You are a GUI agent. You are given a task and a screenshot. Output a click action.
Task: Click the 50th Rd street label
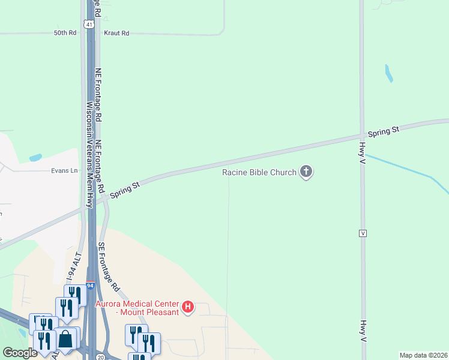click(65, 33)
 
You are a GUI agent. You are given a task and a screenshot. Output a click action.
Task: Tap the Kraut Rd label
click(116, 33)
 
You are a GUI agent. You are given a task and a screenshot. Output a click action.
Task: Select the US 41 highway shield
click(89, 24)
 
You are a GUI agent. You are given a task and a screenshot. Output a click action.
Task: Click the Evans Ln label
click(65, 170)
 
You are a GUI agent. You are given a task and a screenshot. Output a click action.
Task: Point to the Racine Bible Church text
click(259, 173)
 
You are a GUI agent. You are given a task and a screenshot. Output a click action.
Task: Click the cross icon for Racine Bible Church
click(306, 173)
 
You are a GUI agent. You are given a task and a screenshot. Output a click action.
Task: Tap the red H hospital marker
click(188, 308)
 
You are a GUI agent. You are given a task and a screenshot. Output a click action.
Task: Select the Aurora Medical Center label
click(137, 308)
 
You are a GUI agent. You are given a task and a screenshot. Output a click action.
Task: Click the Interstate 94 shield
click(89, 286)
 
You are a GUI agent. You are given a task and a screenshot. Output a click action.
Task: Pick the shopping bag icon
click(65, 340)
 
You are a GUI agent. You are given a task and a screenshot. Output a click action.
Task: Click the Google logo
click(20, 353)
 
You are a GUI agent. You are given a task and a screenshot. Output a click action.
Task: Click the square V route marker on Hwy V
click(363, 233)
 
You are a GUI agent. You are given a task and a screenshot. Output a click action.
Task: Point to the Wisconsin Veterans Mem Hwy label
click(89, 154)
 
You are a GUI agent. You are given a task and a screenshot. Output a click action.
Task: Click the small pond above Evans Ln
click(35, 158)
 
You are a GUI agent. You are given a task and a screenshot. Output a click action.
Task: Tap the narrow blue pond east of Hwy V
click(388, 73)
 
